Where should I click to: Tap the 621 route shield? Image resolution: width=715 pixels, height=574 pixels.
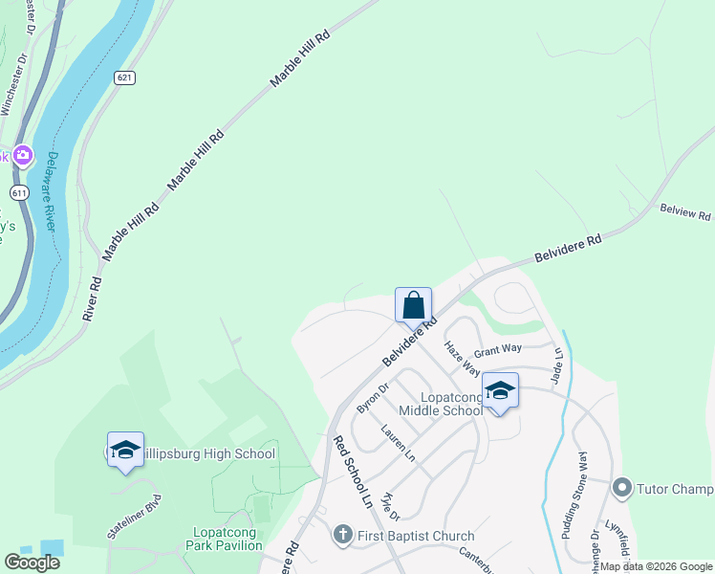pyautogui.click(x=124, y=77)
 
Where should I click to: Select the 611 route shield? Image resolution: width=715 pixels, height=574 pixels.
pyautogui.click(x=18, y=192)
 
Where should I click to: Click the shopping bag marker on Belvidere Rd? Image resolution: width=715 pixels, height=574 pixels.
pyautogui.click(x=413, y=306)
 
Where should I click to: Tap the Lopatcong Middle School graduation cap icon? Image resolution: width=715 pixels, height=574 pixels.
pyautogui.click(x=499, y=390)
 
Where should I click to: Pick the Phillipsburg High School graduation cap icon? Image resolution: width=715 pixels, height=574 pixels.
pyautogui.click(x=124, y=451)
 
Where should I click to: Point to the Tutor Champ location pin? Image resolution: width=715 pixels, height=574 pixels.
pyautogui.click(x=623, y=489)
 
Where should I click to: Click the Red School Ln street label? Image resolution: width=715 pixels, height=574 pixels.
pyautogui.click(x=351, y=473)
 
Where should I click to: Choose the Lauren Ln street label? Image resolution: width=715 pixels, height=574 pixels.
pyautogui.click(x=398, y=444)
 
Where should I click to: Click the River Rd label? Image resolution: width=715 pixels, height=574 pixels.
pyautogui.click(x=92, y=298)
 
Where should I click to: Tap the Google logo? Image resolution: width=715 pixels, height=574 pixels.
pyautogui.click(x=32, y=563)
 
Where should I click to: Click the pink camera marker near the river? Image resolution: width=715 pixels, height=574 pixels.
pyautogui.click(x=23, y=155)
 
